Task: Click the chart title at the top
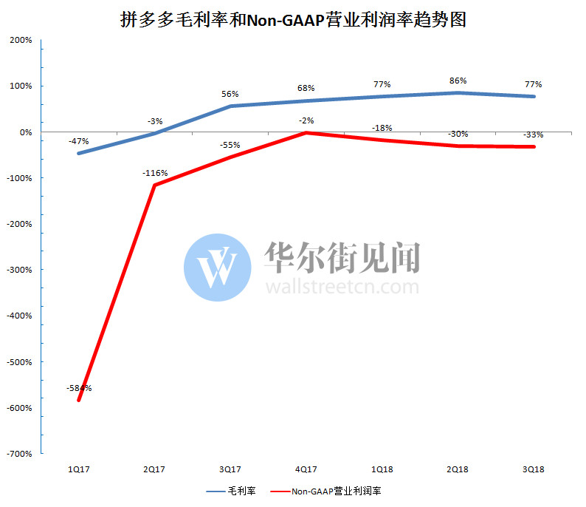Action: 293,20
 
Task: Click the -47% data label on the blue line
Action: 78,141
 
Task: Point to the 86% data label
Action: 458,81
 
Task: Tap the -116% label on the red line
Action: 154,173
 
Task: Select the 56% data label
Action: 230,95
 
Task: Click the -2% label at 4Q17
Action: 306,120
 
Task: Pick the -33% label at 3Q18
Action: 534,135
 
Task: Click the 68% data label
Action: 306,89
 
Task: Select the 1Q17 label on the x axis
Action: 78,470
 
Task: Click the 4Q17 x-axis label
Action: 306,470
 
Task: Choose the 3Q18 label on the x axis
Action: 534,470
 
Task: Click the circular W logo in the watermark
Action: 218,268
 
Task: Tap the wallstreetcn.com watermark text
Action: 341,286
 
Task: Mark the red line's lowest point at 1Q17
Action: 78,401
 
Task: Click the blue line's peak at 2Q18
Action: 458,92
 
